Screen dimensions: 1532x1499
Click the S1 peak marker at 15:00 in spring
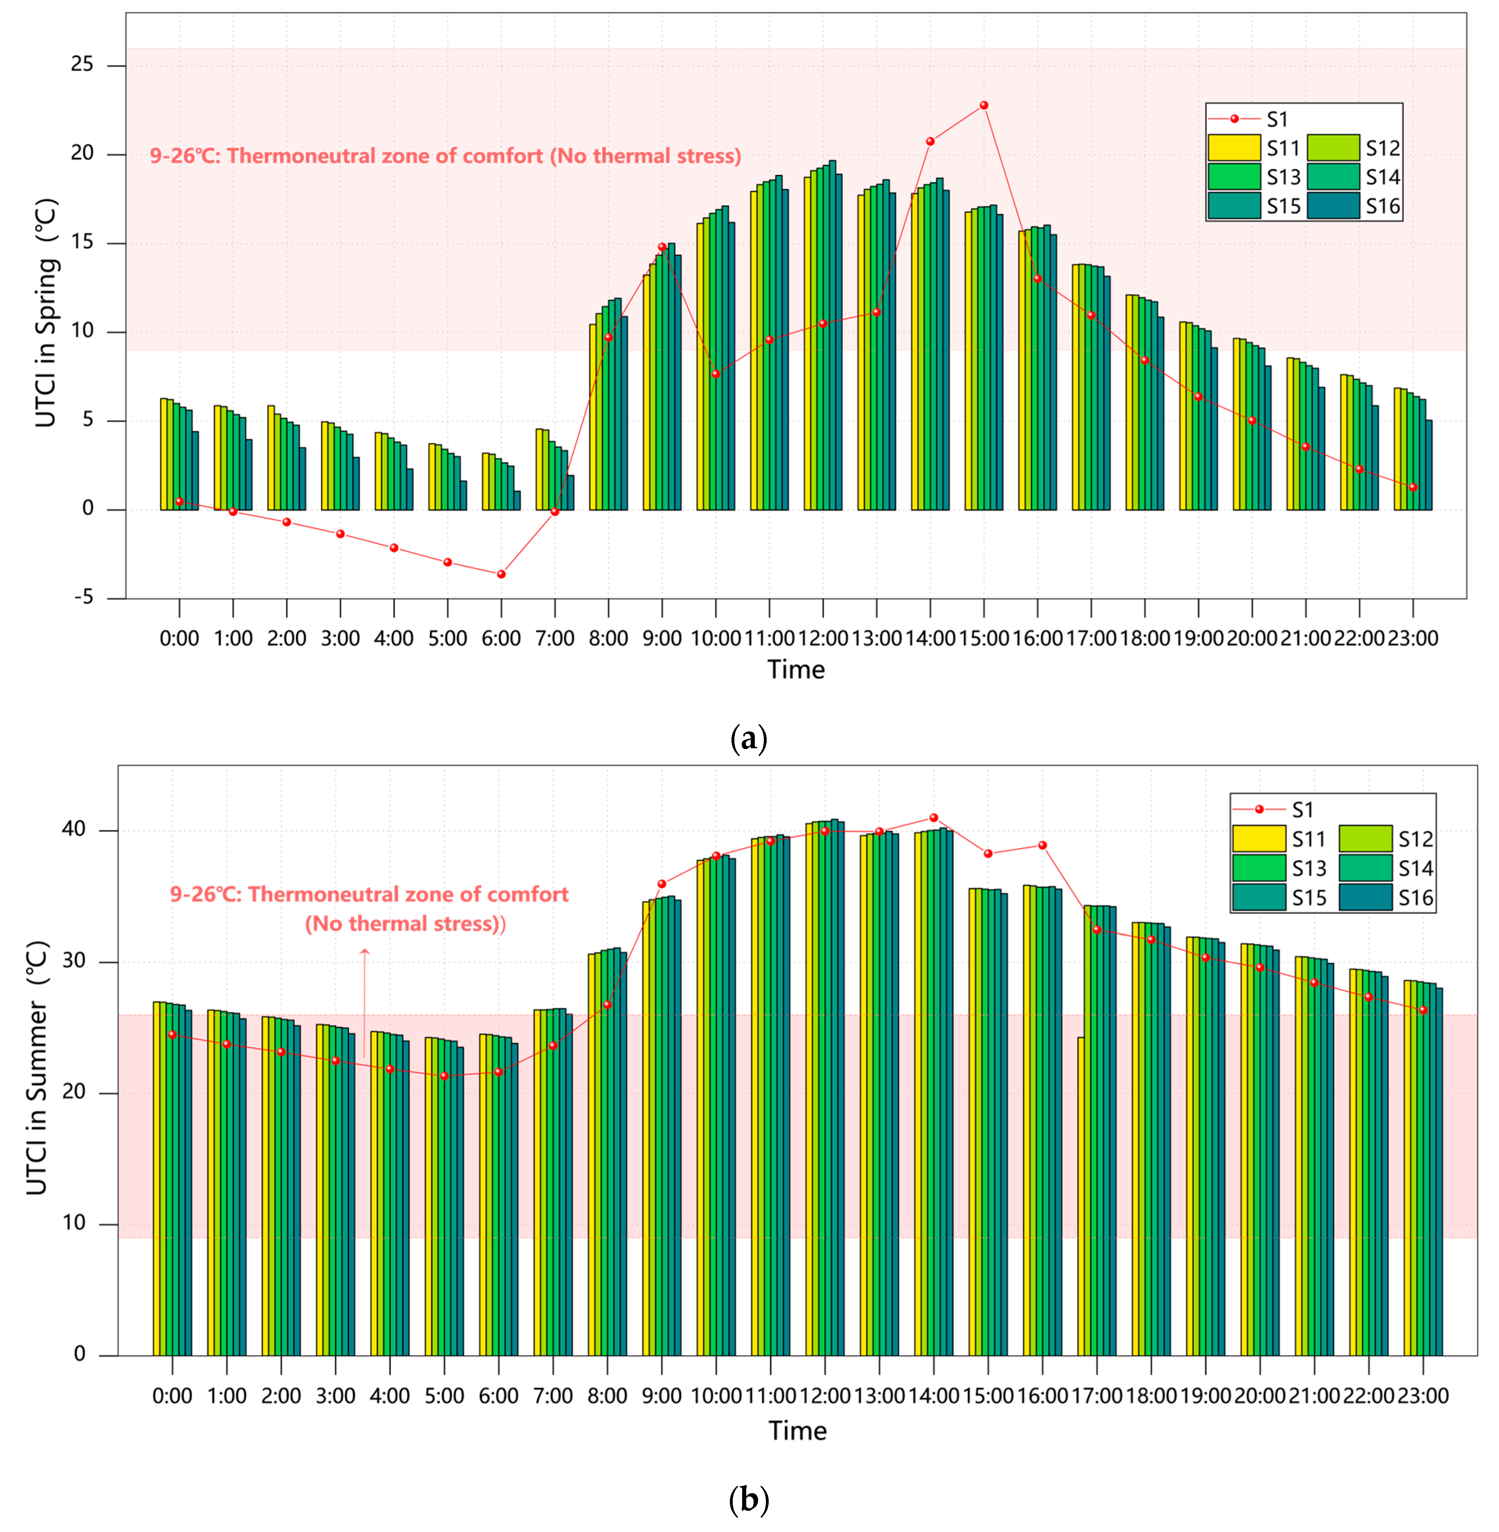tap(983, 105)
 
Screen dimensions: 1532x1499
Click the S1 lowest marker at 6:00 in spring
tap(501, 574)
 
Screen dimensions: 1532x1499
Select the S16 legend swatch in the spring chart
tap(1333, 206)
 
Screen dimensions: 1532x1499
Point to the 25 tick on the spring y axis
tap(82, 65)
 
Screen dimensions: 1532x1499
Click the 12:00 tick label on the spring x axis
tap(823, 638)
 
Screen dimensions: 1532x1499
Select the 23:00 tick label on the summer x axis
tap(1423, 1396)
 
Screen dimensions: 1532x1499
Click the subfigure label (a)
tap(749, 738)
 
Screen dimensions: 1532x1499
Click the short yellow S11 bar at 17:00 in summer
tap(1081, 1181)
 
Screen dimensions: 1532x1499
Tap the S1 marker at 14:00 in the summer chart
tap(934, 817)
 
